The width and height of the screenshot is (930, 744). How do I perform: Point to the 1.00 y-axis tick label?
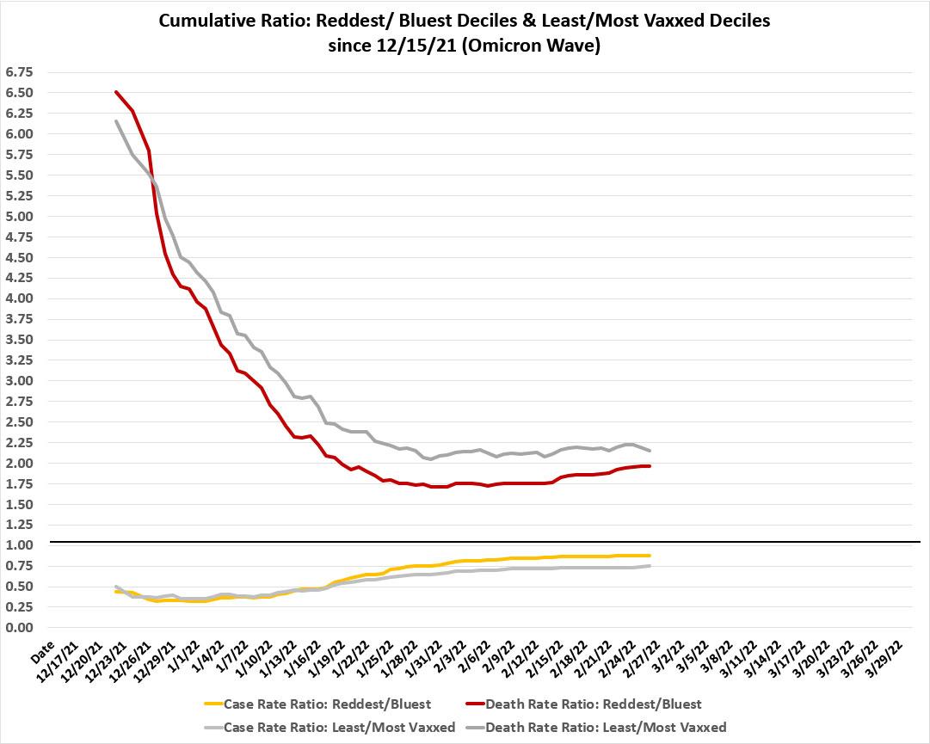pos(18,545)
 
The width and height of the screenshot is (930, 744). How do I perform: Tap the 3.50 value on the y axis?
pos(18,340)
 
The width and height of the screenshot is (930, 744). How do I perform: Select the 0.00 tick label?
pos(18,628)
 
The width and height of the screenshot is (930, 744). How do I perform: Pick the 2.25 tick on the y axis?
pos(18,442)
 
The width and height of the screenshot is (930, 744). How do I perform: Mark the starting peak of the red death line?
pos(116,92)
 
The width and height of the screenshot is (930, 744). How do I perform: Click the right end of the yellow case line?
pos(650,556)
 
